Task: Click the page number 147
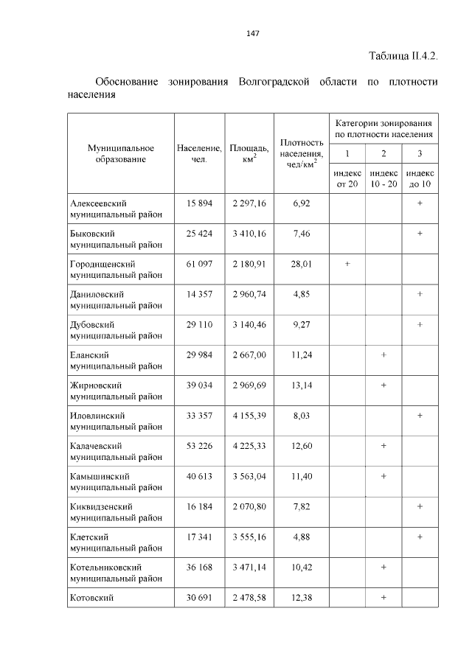tap(252, 33)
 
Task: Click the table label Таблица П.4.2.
tap(403, 57)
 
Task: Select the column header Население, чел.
tap(199, 153)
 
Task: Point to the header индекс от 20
tap(347, 178)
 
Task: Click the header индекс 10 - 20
tap(383, 178)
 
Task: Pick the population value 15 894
tap(199, 203)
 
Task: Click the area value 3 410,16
tap(249, 234)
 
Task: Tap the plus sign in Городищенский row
tap(347, 264)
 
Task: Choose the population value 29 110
tap(199, 324)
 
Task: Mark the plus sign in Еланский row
tap(383, 355)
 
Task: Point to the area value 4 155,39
tap(249, 416)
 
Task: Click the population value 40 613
tap(199, 477)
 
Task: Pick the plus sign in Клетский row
tap(420, 537)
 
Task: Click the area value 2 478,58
tap(249, 598)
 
